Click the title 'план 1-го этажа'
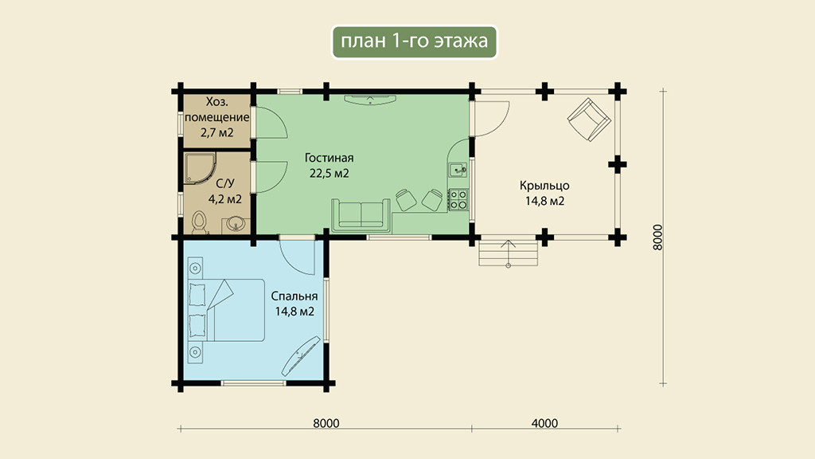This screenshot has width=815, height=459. click(414, 41)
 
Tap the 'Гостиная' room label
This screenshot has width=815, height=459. click(329, 158)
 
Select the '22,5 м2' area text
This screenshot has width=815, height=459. click(329, 173)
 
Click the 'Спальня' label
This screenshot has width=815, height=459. click(294, 296)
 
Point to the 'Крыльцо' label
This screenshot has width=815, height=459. click(544, 186)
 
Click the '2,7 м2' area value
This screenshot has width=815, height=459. click(216, 133)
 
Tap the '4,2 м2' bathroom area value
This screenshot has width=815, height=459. click(224, 198)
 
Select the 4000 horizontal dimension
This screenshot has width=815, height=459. click(544, 423)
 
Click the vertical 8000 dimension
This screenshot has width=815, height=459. click(657, 237)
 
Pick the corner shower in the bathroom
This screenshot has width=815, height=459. click(199, 168)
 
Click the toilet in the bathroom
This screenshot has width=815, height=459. click(199, 223)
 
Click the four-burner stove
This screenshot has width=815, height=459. click(458, 199)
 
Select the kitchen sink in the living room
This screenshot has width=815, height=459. click(458, 170)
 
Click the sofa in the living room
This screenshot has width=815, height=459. click(361, 215)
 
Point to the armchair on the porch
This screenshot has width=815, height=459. click(589, 120)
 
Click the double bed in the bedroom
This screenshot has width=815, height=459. click(226, 310)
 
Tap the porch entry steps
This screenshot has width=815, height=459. click(508, 253)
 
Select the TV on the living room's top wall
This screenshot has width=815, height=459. click(370, 100)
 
